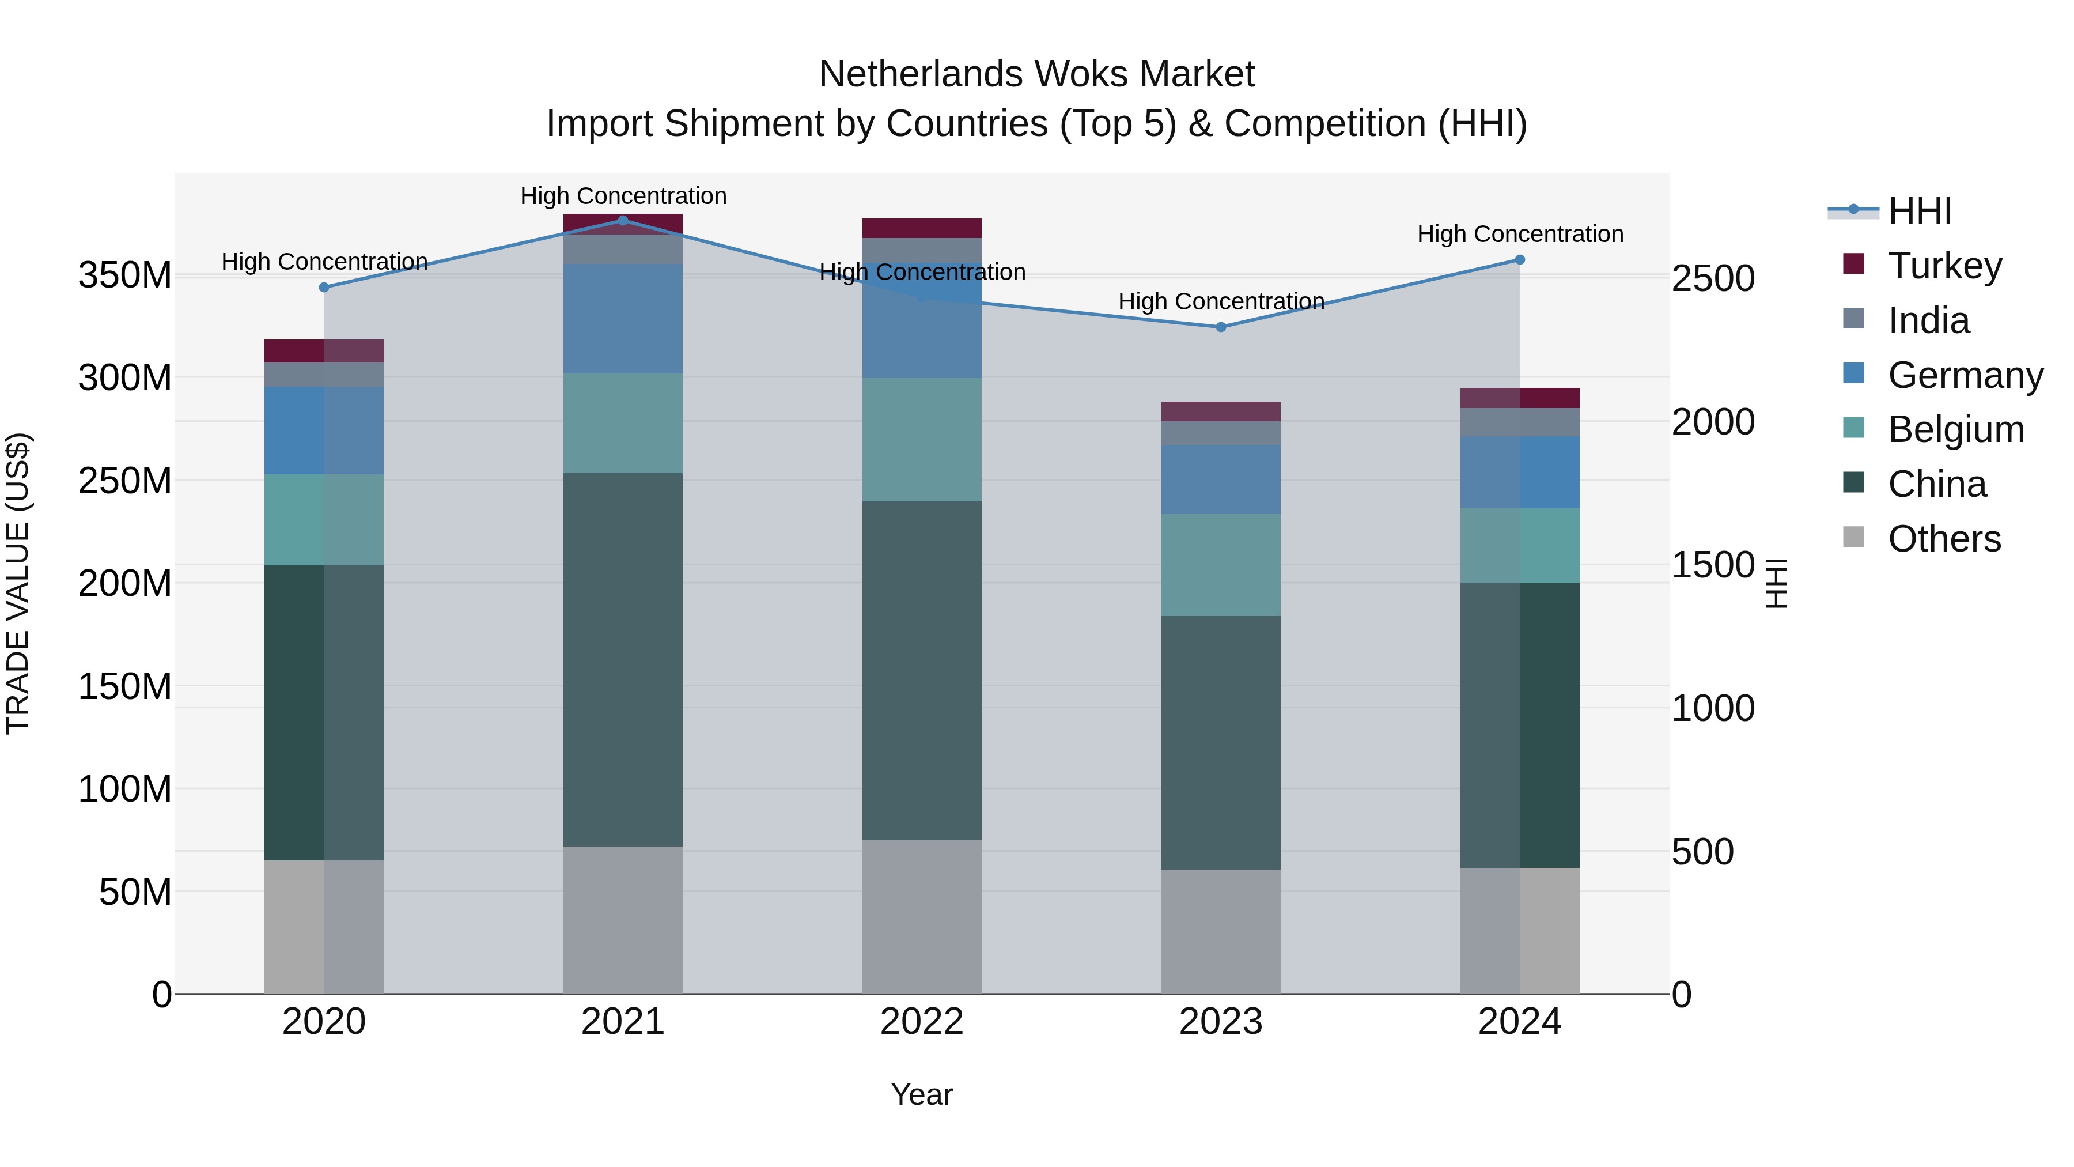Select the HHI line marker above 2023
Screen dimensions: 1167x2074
pyautogui.click(x=1221, y=327)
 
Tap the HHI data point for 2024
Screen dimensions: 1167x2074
pyautogui.click(x=1519, y=260)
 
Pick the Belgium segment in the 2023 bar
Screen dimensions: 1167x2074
pyautogui.click(x=1221, y=565)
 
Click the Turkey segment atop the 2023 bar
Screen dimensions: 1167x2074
pyautogui.click(x=1221, y=411)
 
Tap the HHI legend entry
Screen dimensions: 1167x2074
pyautogui.click(x=1920, y=211)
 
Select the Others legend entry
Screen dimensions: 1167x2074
pyautogui.click(x=1944, y=539)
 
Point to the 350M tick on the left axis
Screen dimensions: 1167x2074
pyautogui.click(x=125, y=275)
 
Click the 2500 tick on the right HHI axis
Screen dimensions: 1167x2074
pyautogui.click(x=1713, y=279)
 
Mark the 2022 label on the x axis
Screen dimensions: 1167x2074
pyautogui.click(x=922, y=1022)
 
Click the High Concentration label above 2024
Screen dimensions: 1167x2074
pyautogui.click(x=1519, y=235)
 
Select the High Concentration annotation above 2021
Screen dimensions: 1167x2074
pyautogui.click(x=623, y=196)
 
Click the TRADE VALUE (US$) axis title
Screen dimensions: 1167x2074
pyautogui.click(x=18, y=583)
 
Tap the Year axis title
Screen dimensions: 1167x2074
pyautogui.click(x=922, y=1094)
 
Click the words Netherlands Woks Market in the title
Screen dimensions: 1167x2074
pyautogui.click(x=1036, y=74)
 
